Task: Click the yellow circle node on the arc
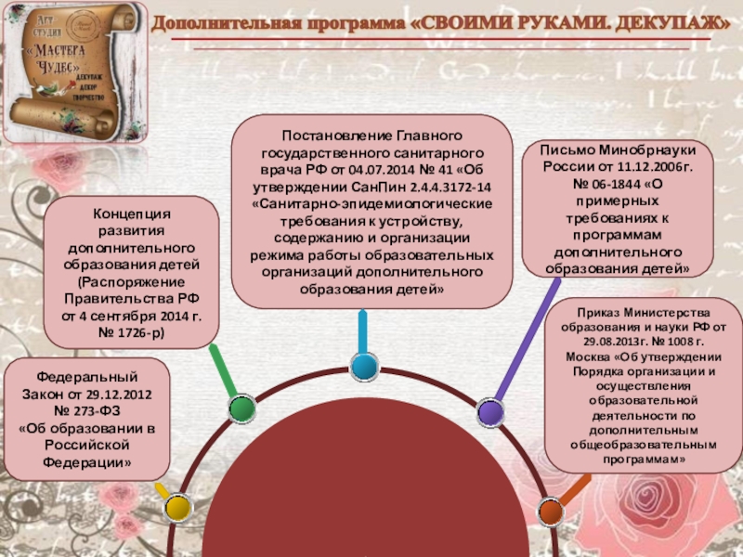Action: point(176,507)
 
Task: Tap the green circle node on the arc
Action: point(241,408)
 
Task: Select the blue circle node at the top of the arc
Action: point(363,366)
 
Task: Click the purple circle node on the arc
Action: point(489,409)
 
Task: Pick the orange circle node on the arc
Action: point(550,510)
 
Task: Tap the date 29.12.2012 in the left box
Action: point(123,394)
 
